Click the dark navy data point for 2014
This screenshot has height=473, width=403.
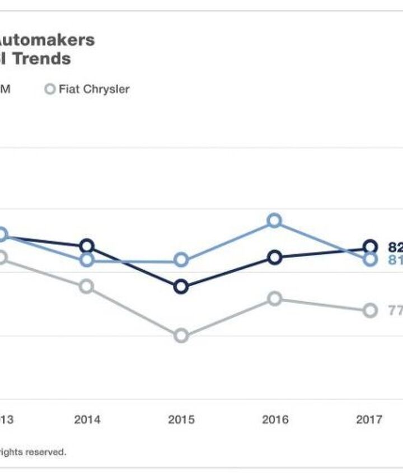point(86,246)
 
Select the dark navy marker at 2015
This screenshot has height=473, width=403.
point(181,287)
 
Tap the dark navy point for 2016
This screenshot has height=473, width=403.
point(274,257)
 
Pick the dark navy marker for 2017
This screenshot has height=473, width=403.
point(370,246)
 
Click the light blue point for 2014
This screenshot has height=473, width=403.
point(86,260)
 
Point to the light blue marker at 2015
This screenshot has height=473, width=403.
point(181,260)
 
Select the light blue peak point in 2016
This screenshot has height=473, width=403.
point(274,221)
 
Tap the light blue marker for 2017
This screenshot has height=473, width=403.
point(370,259)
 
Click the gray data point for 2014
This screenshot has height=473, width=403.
point(86,286)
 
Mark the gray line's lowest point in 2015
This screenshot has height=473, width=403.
point(181,336)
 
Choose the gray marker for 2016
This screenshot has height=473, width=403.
point(274,298)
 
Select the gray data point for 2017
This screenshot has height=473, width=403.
point(370,311)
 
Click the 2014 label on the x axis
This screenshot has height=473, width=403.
point(87,420)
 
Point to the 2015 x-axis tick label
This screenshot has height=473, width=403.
point(181,420)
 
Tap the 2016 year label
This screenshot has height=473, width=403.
point(275,420)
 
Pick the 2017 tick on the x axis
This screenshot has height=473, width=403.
point(369,420)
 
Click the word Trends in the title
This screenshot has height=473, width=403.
point(42,59)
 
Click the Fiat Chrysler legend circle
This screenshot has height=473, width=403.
point(50,89)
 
